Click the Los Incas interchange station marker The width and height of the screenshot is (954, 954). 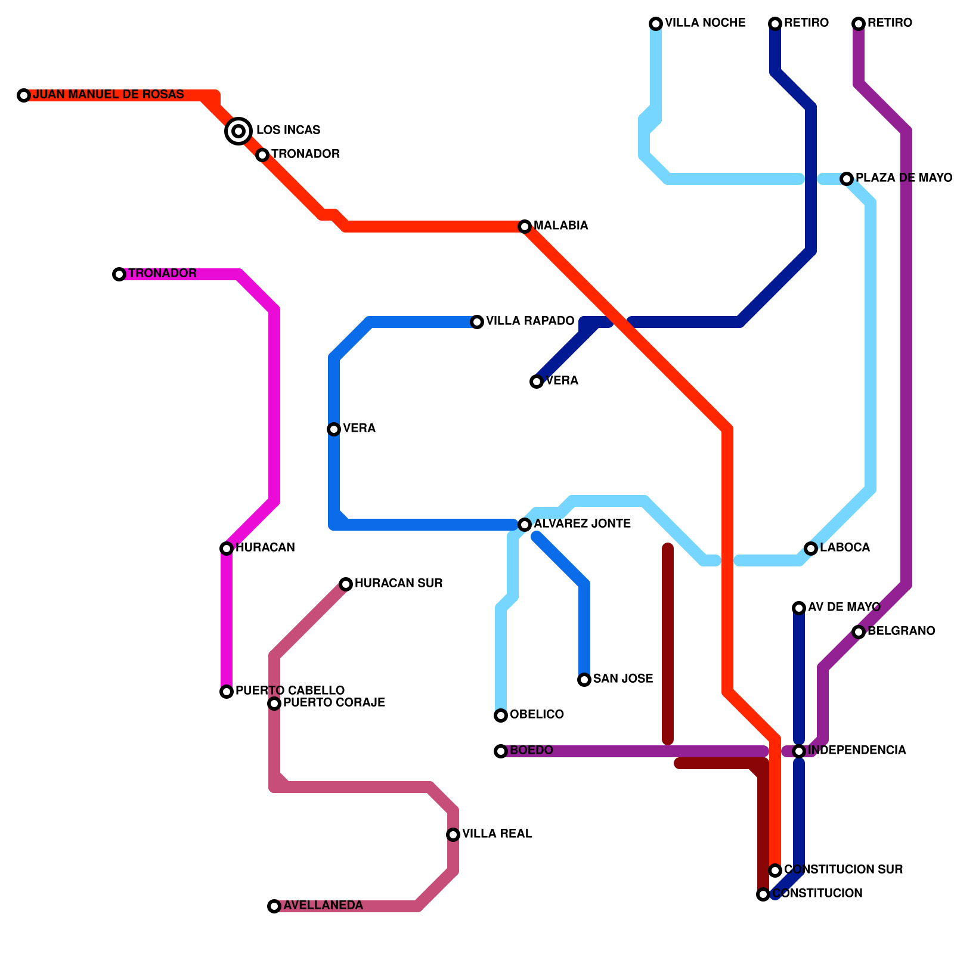(x=238, y=131)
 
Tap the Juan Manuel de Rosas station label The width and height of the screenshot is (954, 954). (x=108, y=95)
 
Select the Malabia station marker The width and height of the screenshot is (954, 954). (x=525, y=227)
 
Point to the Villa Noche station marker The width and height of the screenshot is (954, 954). (x=656, y=24)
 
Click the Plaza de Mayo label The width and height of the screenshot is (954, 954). (x=903, y=178)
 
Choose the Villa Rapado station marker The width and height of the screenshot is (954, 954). (x=477, y=322)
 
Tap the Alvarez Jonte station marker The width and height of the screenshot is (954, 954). (x=525, y=525)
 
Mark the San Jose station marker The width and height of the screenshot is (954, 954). (x=584, y=680)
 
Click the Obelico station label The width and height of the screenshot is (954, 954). (x=537, y=715)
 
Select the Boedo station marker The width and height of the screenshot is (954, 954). (x=501, y=751)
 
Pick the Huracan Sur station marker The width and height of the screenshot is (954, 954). (x=346, y=584)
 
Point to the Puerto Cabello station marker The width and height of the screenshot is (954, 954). (x=227, y=692)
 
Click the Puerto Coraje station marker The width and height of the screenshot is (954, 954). (x=274, y=704)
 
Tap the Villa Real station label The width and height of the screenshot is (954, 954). (x=497, y=834)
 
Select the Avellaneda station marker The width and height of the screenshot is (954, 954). (x=274, y=906)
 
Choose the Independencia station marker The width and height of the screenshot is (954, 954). (x=799, y=751)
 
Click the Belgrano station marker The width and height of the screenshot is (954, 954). (x=859, y=632)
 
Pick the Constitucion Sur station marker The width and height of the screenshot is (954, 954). (x=775, y=871)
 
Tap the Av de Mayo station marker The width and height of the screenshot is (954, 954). (x=799, y=608)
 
